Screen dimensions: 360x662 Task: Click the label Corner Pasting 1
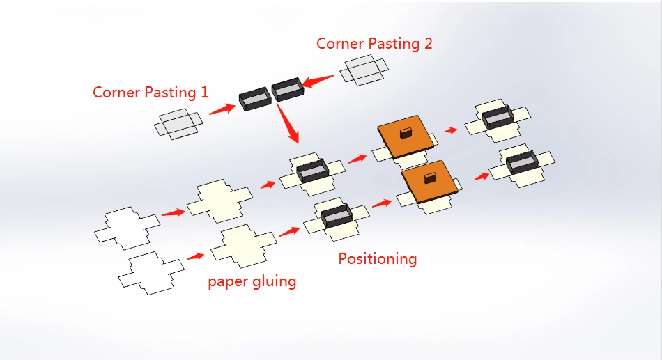[151, 92]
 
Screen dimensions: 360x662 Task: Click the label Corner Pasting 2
[374, 43]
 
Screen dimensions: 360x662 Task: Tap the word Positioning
[377, 259]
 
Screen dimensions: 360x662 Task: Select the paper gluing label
[252, 281]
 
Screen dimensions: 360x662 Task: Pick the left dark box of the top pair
[254, 99]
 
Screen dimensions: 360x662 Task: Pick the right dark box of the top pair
[287, 88]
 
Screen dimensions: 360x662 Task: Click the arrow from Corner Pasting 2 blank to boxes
[318, 80]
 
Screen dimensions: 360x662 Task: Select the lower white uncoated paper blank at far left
[151, 272]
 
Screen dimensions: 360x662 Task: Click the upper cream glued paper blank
[219, 200]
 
